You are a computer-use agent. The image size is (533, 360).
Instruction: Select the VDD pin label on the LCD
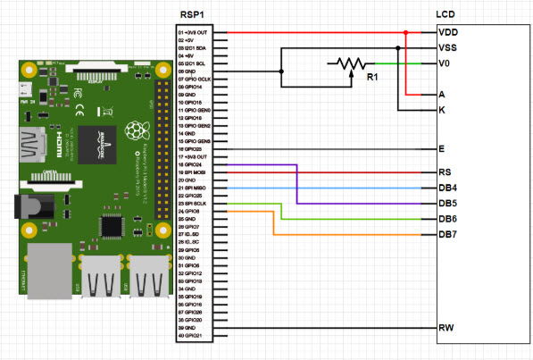click(x=449, y=32)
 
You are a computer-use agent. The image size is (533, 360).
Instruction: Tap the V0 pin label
click(x=446, y=63)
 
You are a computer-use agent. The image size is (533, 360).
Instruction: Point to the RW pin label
click(x=447, y=328)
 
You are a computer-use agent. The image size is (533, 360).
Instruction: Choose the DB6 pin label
click(x=448, y=219)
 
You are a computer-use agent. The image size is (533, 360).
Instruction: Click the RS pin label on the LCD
click(x=446, y=172)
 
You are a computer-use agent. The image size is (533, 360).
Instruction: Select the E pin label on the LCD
click(x=443, y=148)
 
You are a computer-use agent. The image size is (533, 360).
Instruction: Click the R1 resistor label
click(x=373, y=79)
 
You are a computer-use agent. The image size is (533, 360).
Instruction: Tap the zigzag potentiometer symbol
click(x=347, y=63)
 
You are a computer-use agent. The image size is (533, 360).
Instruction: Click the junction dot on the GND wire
click(x=281, y=71)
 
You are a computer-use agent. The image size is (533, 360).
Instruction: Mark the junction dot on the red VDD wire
click(x=406, y=32)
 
